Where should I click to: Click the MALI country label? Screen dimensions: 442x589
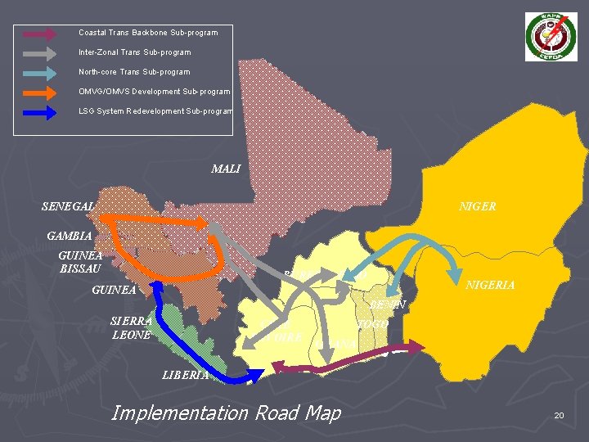coord(226,169)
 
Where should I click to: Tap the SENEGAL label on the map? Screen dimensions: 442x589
coord(69,206)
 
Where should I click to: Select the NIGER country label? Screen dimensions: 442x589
coord(478,206)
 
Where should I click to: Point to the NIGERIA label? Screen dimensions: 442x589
coord(490,285)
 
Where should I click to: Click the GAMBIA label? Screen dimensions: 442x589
coord(70,236)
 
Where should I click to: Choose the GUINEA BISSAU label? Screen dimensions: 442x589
coord(80,260)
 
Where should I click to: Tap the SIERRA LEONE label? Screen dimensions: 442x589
coord(131,327)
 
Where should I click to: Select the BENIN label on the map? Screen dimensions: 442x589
coord(388,304)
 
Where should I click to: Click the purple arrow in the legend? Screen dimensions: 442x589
coord(39,34)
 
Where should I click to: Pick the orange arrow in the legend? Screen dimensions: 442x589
coord(39,92)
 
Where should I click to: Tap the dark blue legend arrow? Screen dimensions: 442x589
coord(39,111)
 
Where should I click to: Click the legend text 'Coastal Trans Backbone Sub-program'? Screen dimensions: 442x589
coord(148,33)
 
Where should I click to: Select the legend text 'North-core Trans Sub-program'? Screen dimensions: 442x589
coord(134,72)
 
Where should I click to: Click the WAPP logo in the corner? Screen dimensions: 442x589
coord(551,37)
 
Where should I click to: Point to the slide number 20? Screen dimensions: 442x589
coord(559,416)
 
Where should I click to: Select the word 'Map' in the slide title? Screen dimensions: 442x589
coord(322,413)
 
